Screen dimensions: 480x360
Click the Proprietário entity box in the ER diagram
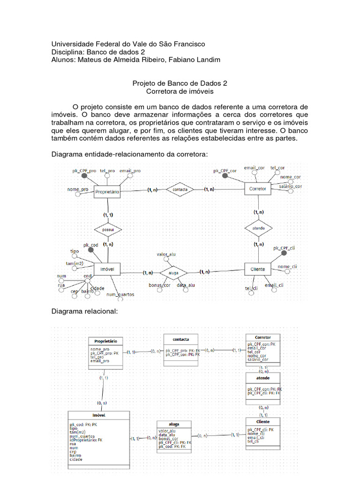(107, 192)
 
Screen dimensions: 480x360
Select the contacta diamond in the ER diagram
(180, 190)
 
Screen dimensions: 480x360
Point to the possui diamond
(108, 230)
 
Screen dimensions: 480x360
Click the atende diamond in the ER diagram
(258, 228)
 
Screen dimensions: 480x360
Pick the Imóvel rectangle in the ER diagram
(107, 269)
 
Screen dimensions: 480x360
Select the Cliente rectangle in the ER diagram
(258, 269)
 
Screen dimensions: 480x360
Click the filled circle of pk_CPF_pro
(84, 175)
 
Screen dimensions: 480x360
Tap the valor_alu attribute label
(166, 255)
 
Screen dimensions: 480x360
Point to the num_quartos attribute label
(120, 294)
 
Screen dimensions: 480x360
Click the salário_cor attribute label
(290, 187)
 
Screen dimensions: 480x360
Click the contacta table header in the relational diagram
(181, 338)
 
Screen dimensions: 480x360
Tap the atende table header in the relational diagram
(262, 377)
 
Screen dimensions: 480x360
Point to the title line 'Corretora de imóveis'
(180, 91)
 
